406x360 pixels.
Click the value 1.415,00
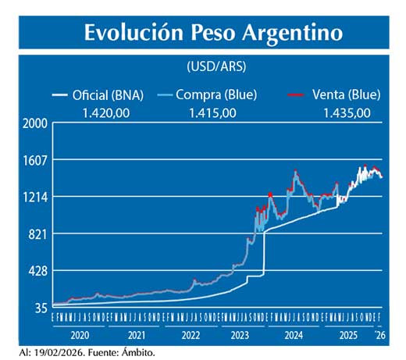[212, 113]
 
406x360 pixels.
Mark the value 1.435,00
[346, 113]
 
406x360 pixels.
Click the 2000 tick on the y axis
[35, 123]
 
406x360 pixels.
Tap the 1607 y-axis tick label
[35, 160]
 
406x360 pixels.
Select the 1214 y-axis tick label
[35, 197]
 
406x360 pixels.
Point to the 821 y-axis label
[37, 234]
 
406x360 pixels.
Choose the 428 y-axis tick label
[37, 271]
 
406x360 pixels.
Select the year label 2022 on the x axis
[188, 335]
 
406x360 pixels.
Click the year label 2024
[294, 335]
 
